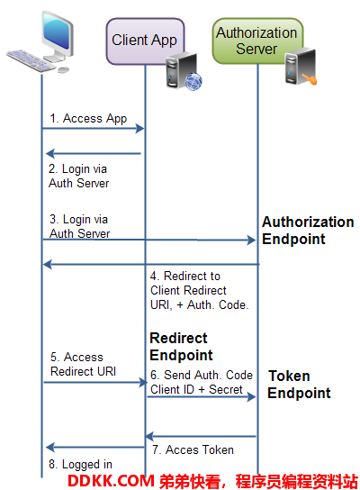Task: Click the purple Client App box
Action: pyautogui.click(x=145, y=41)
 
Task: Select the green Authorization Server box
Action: pyautogui.click(x=257, y=41)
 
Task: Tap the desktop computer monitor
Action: pyautogui.click(x=58, y=35)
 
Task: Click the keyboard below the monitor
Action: pyautogui.click(x=31, y=60)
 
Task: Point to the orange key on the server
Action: pyautogui.click(x=310, y=78)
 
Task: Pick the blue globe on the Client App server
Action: pyautogui.click(x=193, y=81)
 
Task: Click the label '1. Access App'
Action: pyautogui.click(x=88, y=119)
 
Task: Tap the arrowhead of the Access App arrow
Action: pyautogui.click(x=139, y=128)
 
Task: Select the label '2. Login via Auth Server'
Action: pyautogui.click(x=78, y=176)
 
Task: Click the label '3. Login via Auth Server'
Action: pyautogui.click(x=79, y=226)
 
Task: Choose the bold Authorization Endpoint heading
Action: pyautogui.click(x=308, y=231)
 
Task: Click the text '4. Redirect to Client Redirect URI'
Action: pyautogui.click(x=188, y=290)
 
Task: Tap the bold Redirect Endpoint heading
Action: pyautogui.click(x=181, y=347)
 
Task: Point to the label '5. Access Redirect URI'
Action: pyautogui.click(x=83, y=364)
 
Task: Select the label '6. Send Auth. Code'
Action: pyautogui.click(x=202, y=375)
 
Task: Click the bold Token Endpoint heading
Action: pyautogui.click(x=299, y=385)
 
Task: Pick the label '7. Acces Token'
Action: pyautogui.click(x=193, y=449)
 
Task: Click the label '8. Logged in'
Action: pyautogui.click(x=80, y=465)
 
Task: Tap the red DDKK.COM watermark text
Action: pyautogui.click(x=112, y=481)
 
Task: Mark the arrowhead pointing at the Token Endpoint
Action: pyautogui.click(x=251, y=397)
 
